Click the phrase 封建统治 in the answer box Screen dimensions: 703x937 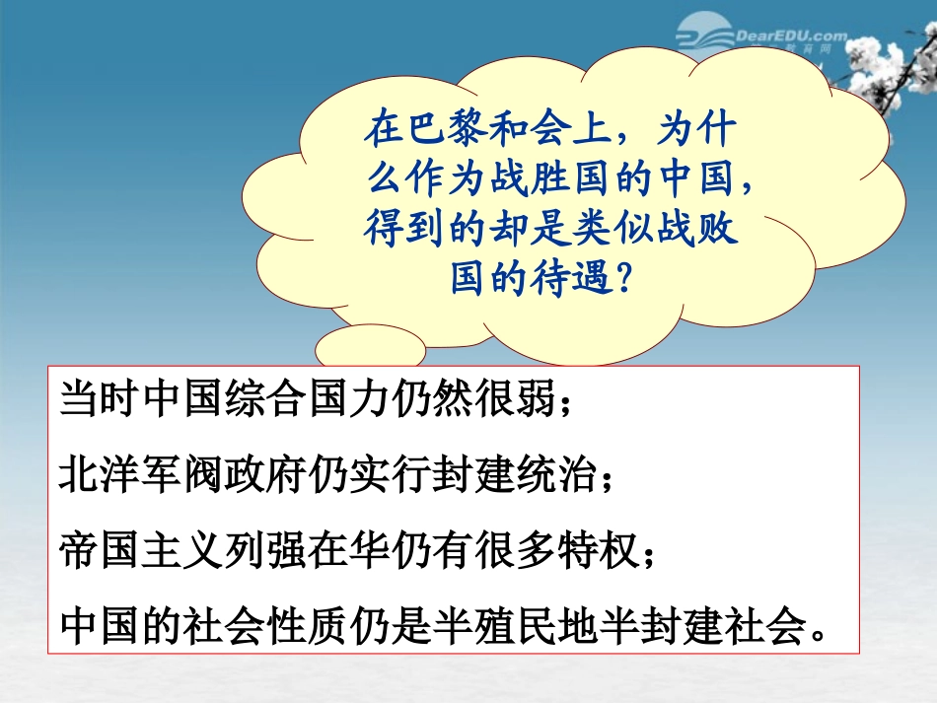[x=524, y=475]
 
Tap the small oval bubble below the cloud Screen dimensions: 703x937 [x=356, y=346]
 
